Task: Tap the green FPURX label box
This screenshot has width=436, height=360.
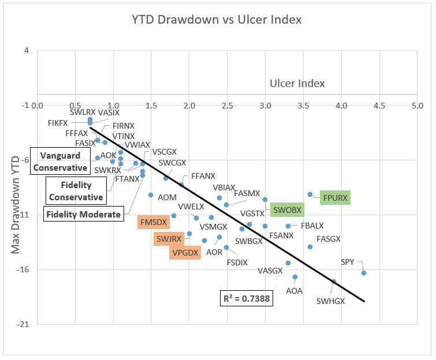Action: tap(336, 198)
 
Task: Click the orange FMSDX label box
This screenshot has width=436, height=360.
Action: tap(153, 222)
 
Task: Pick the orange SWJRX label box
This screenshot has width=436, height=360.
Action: tap(169, 238)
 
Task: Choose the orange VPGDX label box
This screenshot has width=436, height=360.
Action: tap(185, 252)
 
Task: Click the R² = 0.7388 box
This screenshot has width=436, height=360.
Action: tap(247, 299)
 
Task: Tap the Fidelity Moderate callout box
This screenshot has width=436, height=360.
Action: tap(84, 215)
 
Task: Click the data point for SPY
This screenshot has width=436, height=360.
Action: tap(364, 272)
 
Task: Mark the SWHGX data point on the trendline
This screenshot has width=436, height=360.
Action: tap(334, 281)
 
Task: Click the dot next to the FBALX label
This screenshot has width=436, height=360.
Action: tap(288, 226)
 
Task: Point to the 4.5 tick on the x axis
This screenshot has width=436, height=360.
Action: tap(379, 106)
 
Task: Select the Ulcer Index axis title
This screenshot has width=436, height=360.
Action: tap(297, 84)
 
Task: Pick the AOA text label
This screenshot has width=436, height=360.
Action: tap(294, 291)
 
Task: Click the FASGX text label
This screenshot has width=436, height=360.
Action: tap(329, 239)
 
